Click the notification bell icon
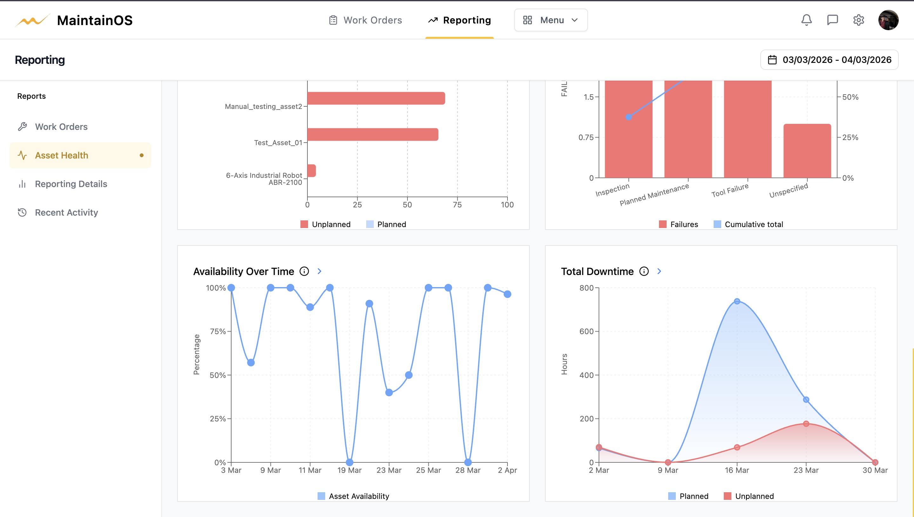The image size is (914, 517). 806,20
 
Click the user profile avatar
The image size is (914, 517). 888,20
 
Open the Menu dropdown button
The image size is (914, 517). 550,20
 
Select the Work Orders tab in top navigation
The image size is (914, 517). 366,20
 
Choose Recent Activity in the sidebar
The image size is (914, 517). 66,212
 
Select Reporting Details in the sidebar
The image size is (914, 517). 71,184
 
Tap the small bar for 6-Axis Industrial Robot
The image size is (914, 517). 312,171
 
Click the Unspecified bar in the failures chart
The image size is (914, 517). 807,151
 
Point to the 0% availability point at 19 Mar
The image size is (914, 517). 349,462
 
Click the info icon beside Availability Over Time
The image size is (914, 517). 304,271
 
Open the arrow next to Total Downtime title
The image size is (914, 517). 659,271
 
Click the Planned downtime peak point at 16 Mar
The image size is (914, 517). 737,301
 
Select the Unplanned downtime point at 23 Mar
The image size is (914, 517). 806,424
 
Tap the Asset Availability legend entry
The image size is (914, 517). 353,496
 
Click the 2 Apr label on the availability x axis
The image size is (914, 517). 507,470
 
